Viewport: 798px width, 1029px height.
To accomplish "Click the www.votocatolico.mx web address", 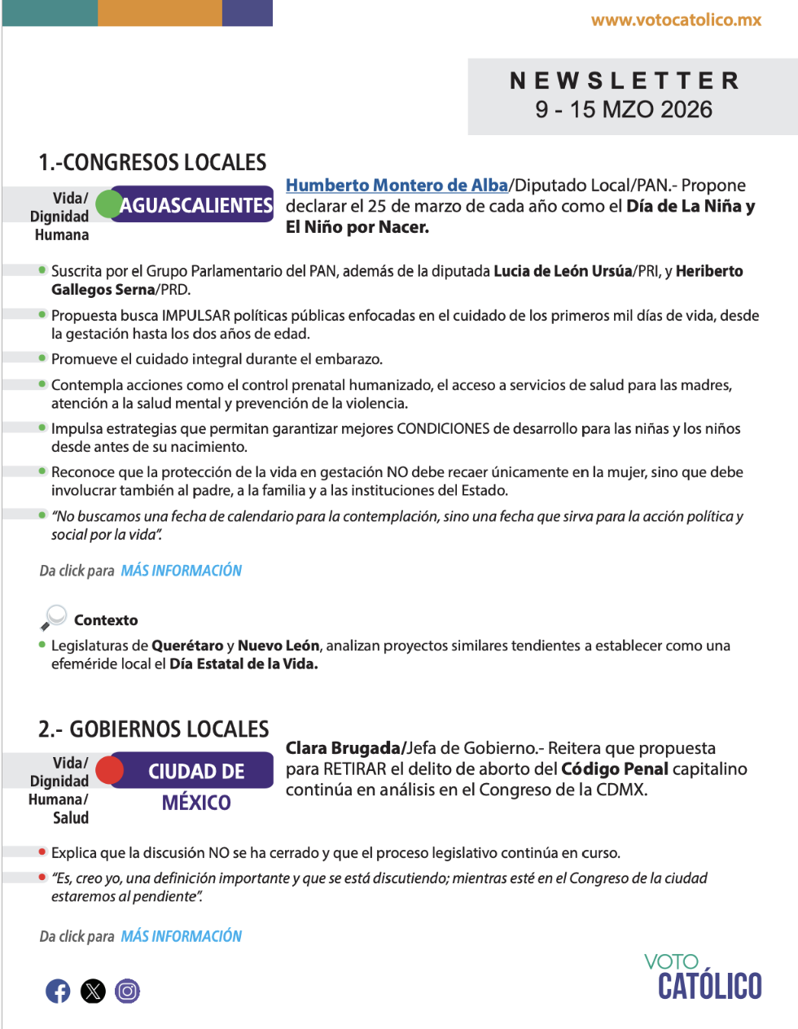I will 676,20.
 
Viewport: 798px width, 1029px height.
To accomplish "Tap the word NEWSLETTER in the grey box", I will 625,81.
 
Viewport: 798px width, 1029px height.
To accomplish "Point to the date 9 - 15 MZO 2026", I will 624,110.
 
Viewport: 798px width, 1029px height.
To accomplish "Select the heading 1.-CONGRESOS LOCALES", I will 152,163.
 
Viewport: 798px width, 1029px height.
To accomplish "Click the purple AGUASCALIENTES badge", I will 196,205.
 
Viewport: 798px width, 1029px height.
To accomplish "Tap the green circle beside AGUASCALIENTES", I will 108,204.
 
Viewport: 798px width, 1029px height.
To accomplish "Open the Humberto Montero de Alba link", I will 397,186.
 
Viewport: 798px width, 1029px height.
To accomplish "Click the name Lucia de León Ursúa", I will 563,271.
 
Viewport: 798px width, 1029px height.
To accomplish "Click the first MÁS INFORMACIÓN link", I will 182,571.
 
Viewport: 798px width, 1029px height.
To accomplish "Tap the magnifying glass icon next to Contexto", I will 54,618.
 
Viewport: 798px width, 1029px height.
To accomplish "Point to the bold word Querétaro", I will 187,646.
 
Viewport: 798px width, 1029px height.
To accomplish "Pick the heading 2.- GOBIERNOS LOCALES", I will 154,729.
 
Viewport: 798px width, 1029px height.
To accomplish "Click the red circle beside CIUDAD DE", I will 109,769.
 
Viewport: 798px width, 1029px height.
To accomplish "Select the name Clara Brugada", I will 343,748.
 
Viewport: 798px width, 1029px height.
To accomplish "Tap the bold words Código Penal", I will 615,769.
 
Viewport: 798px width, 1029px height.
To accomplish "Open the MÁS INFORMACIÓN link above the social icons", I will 182,936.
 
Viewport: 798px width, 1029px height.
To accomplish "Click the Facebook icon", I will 58,991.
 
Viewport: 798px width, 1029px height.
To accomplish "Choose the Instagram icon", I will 127,991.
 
